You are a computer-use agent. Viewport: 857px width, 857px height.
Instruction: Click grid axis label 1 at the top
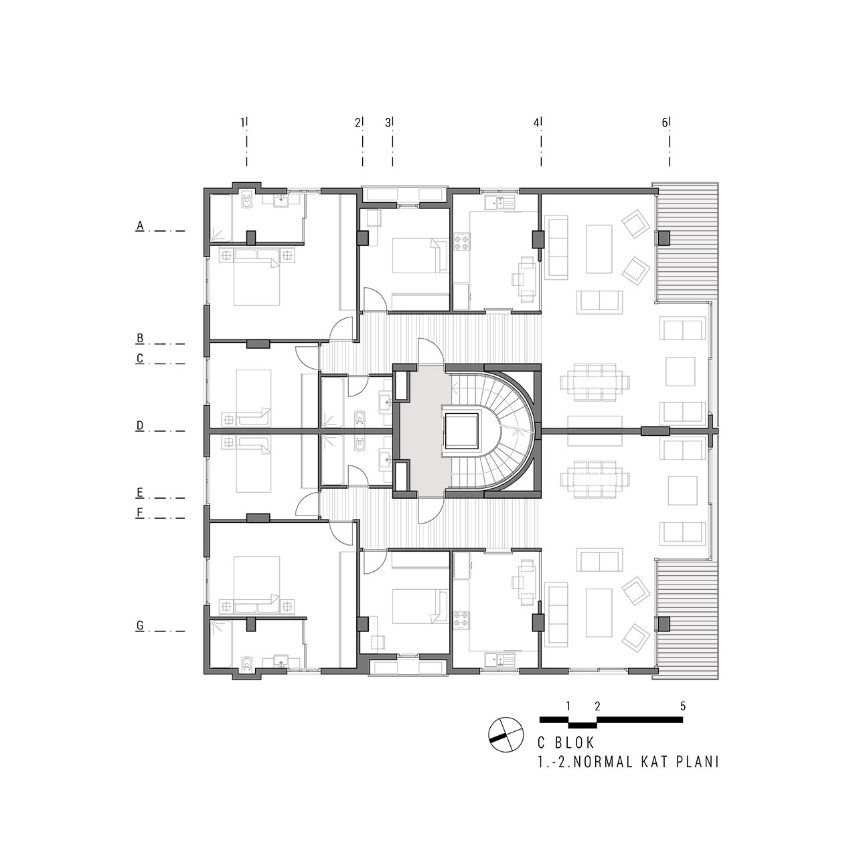coord(243,123)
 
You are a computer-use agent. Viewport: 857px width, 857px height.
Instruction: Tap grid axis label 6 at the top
coord(664,123)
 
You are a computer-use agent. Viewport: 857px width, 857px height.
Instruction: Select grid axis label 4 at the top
coord(536,123)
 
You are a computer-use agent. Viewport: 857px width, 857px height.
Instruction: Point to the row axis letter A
coord(140,226)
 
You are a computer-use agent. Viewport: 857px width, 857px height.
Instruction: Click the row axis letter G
coord(140,626)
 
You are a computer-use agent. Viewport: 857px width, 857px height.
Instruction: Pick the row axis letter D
coord(140,426)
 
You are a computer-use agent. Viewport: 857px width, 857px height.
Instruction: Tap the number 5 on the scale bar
coord(683,706)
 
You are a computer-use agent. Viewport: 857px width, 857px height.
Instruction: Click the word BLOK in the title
coord(574,743)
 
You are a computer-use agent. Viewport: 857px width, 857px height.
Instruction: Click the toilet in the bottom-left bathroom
coord(247,661)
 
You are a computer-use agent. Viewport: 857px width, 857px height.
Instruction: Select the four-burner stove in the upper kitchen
coord(462,242)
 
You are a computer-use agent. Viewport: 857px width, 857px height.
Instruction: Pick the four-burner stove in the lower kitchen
coord(462,620)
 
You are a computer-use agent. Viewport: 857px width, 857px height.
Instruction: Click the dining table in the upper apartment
coord(595,382)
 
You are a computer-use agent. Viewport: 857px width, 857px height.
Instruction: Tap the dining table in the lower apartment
coord(595,479)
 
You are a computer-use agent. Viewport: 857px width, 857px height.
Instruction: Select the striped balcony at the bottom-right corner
coord(687,619)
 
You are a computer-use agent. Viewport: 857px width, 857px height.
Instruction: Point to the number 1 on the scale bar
coord(568,706)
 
